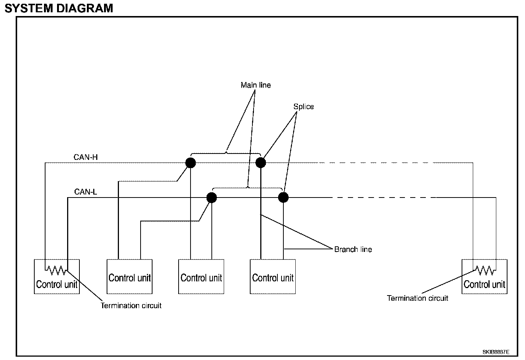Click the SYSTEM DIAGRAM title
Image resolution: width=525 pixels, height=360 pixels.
click(59, 8)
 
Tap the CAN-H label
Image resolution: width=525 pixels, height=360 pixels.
click(85, 157)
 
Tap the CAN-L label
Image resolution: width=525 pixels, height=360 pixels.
click(85, 192)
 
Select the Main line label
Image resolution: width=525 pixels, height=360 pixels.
click(256, 85)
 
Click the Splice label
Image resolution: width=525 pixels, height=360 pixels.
click(304, 107)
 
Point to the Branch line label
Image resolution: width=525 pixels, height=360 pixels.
click(353, 249)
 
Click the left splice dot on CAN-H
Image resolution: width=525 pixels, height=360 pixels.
click(191, 162)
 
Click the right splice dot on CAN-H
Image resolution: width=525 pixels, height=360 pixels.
click(261, 162)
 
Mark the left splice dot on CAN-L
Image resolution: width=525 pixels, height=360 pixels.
click(212, 198)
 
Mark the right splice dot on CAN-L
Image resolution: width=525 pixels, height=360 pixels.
click(283, 198)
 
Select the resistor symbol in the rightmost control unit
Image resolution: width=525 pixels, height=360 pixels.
click(484, 271)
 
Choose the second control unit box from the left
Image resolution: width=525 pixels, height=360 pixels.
click(130, 277)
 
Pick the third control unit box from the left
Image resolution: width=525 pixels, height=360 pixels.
click(201, 277)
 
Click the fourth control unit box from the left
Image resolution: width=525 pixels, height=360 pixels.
click(273, 277)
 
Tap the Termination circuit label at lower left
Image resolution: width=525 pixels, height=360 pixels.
click(131, 306)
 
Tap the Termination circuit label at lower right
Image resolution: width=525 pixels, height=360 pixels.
click(417, 298)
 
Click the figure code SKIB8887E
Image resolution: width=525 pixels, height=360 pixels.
click(496, 352)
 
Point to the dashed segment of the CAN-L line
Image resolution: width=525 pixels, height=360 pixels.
click(384, 198)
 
